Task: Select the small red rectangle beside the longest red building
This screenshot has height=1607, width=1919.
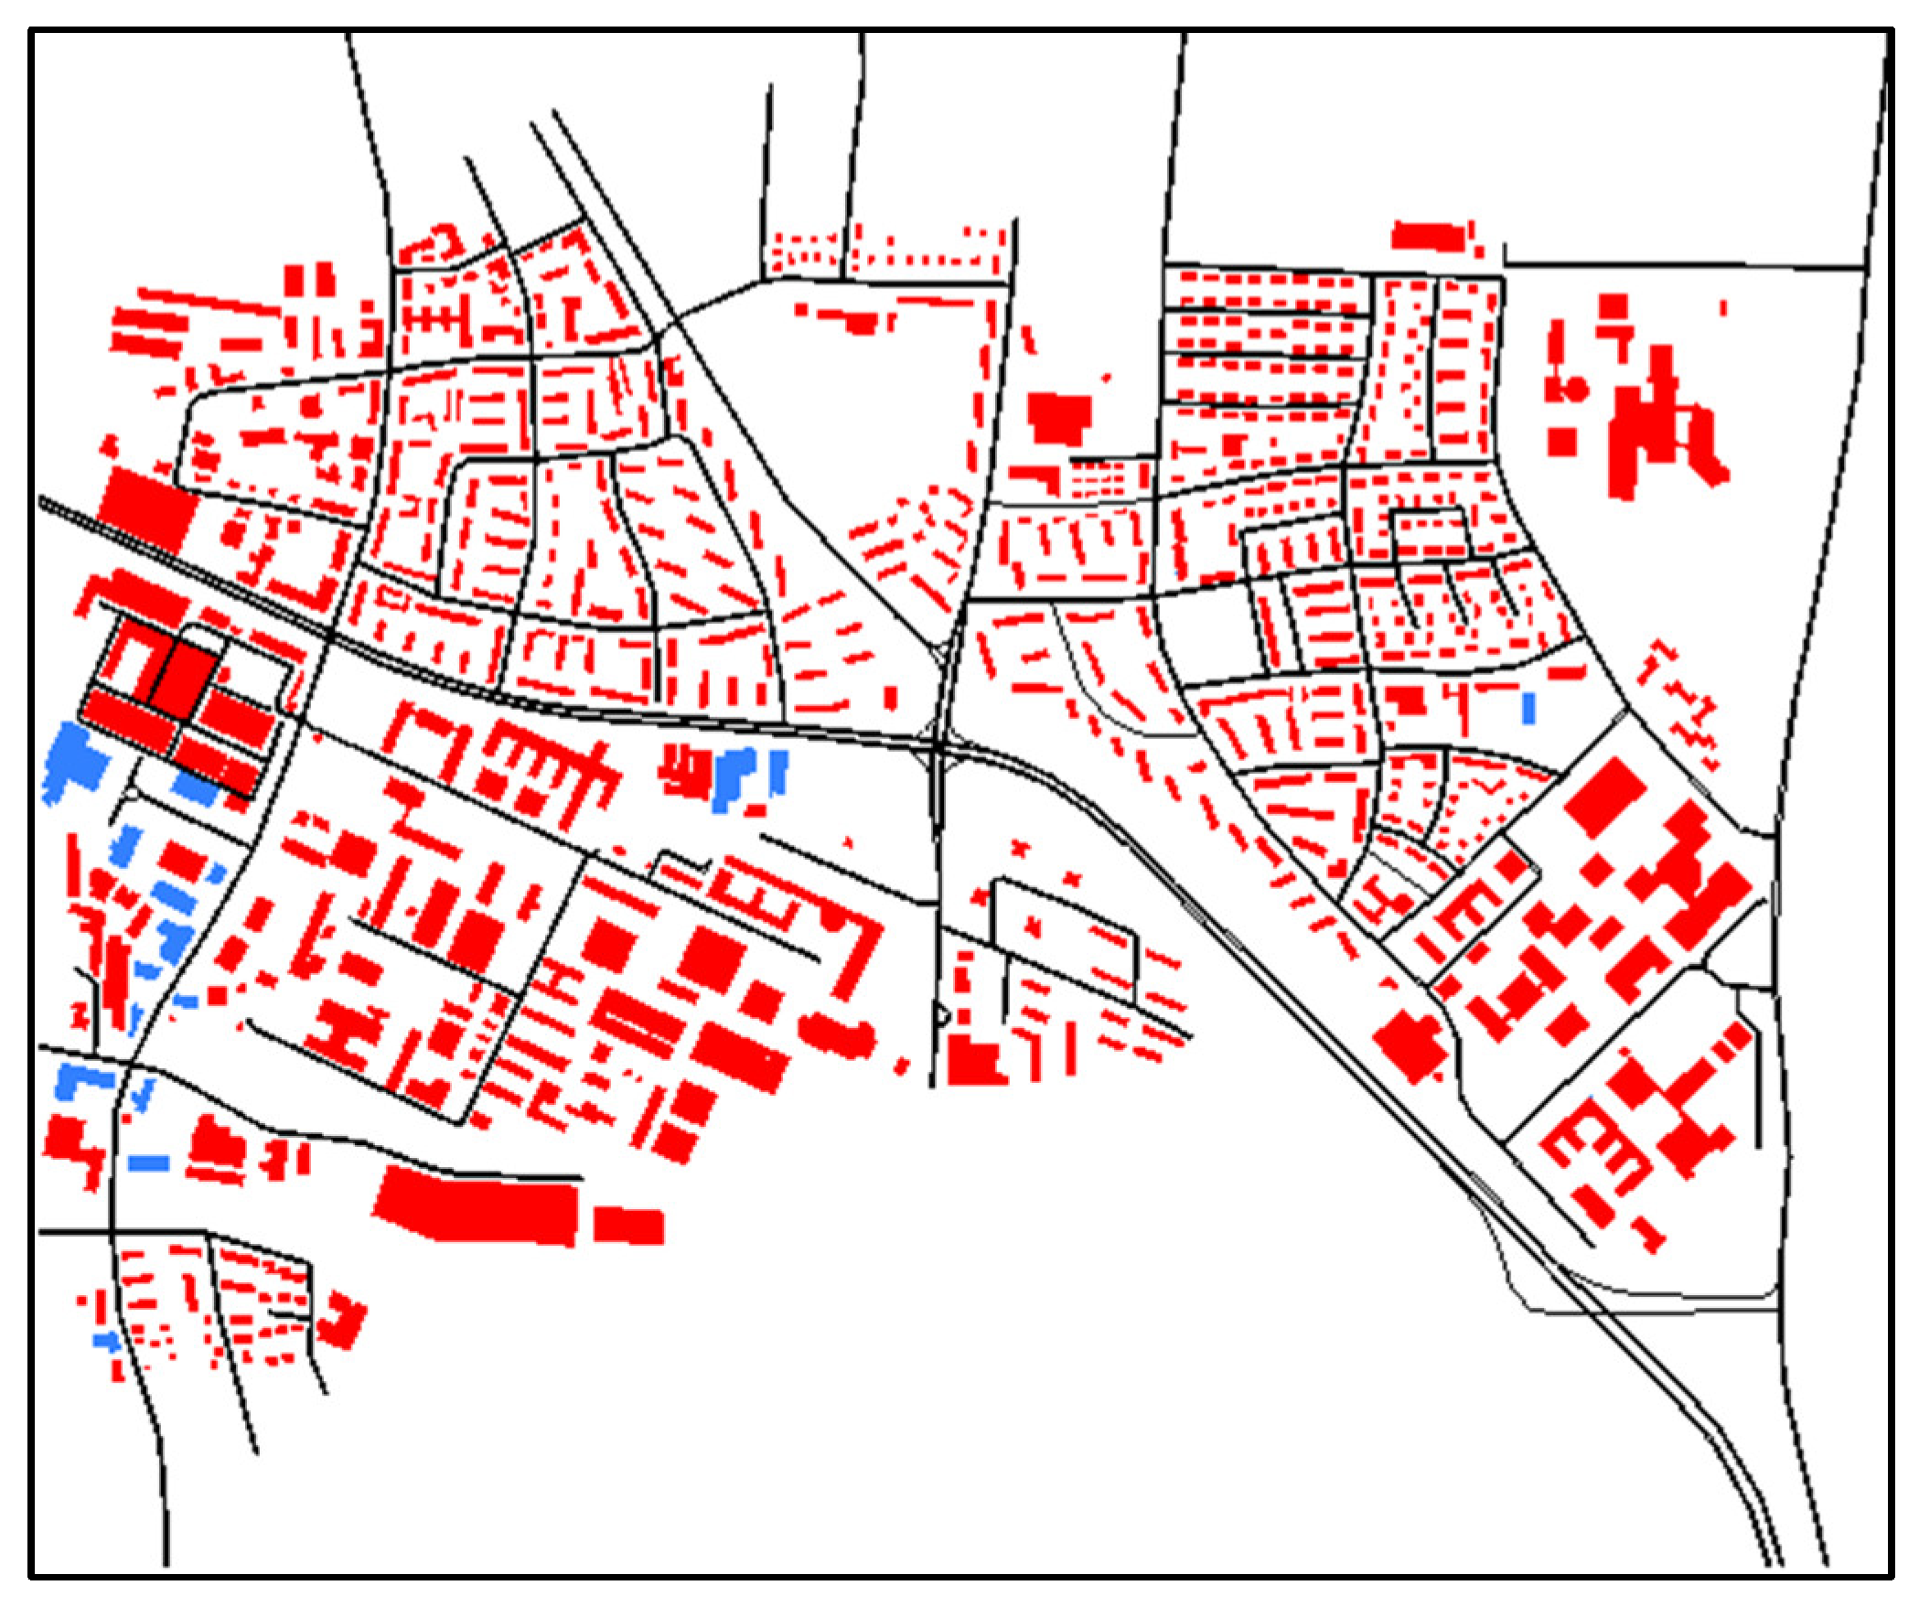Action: click(x=628, y=1226)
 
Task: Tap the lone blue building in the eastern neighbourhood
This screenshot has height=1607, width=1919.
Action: click(x=1529, y=708)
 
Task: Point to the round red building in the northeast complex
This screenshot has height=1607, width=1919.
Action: click(x=1574, y=389)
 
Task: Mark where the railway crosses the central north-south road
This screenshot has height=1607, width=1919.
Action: click(x=940, y=748)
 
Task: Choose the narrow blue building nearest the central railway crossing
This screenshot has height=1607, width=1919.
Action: click(x=778, y=770)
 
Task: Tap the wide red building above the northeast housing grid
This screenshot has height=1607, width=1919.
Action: click(x=1427, y=236)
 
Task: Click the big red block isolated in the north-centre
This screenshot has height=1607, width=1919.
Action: click(x=1060, y=419)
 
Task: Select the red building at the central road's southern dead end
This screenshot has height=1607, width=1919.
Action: click(x=975, y=1062)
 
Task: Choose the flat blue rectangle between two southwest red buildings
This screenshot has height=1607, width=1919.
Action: click(x=149, y=1162)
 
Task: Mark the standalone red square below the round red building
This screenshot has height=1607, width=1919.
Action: click(x=1561, y=442)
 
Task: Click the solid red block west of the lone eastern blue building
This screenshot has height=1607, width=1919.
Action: click(x=1408, y=700)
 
